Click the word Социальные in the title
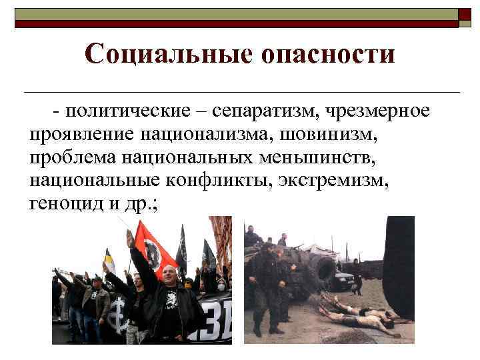[x=167, y=53]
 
